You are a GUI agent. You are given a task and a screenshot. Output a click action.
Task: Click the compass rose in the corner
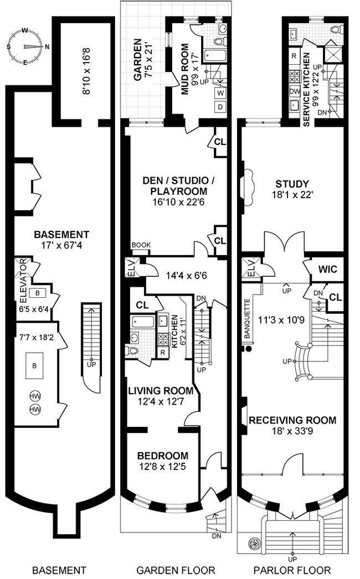pos(27,46)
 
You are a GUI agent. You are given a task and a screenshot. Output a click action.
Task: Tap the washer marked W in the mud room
pos(220,92)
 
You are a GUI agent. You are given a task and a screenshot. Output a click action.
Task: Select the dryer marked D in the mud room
pos(220,107)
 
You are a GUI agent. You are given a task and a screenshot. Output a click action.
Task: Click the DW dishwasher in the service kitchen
pos(295,91)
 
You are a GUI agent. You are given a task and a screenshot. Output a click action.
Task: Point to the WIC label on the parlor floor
pos(328,269)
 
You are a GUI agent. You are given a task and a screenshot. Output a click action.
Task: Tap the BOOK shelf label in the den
pos(141,245)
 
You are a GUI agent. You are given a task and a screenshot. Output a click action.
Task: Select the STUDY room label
pos(292,184)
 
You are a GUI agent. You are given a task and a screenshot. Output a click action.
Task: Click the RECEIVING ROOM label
pos(292,420)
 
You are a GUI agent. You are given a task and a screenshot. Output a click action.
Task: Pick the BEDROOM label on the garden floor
pos(163,456)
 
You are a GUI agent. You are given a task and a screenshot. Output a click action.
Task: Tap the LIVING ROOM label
pos(161,391)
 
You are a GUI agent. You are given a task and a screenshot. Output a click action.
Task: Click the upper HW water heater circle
pos(35,396)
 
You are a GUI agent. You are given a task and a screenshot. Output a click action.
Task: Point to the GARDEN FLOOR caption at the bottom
pos(176,570)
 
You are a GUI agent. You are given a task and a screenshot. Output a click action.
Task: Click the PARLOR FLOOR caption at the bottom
pos(292,570)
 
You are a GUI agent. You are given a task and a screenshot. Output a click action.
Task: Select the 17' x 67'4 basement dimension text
pos(61,245)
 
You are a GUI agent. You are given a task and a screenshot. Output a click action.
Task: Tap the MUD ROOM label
pos(185,69)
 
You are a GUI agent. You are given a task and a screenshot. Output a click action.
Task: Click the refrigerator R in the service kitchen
pos(294,56)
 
